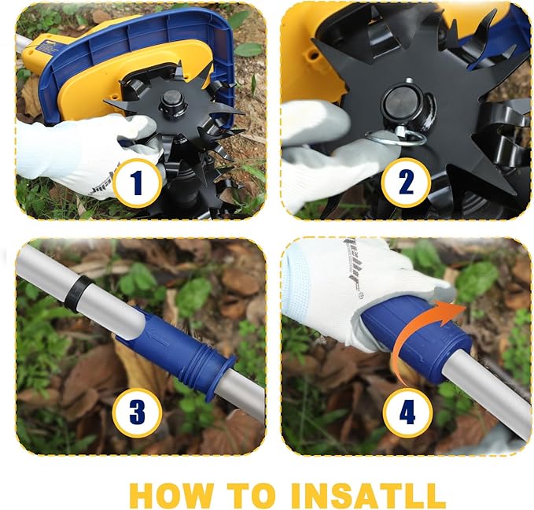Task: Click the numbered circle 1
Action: [138, 183]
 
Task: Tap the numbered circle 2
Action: [406, 183]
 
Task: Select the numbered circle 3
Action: [138, 413]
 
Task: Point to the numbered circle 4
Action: [407, 413]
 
